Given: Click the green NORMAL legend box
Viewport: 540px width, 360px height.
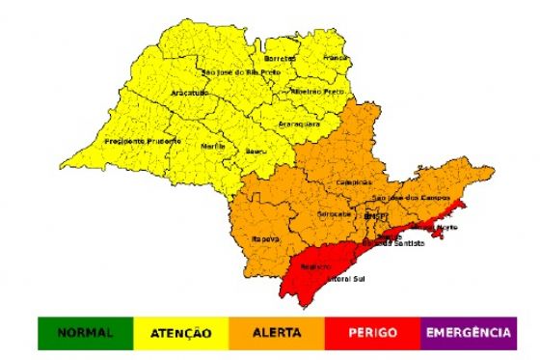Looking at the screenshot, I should point(86,333).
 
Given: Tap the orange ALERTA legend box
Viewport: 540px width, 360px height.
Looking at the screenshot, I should point(277,333).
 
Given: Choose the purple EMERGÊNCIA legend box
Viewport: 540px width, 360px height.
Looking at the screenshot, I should point(468,333).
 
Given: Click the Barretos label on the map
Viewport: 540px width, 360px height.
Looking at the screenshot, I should point(281,58).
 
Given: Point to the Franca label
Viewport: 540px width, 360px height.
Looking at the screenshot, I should point(334,58).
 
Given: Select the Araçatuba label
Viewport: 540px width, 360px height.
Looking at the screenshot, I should point(190,92).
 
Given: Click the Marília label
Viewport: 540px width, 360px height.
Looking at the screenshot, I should point(212,146).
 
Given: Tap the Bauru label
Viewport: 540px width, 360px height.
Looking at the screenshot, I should point(257,152).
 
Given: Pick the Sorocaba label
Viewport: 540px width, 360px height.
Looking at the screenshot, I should point(334,213).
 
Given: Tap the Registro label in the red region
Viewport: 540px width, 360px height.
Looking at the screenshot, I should point(314,266).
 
